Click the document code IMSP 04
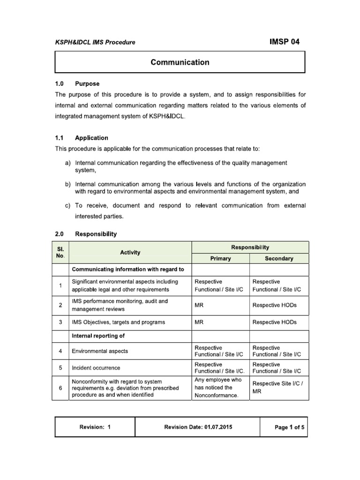point(284,42)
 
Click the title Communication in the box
point(180,62)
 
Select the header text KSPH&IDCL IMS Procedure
point(95,42)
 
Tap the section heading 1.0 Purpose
point(77,84)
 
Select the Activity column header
point(130,253)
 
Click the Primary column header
point(220,258)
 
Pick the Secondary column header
point(279,258)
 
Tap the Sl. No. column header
point(61,253)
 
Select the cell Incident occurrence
point(96,368)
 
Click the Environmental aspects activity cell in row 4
point(99,351)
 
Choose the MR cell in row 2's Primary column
point(199,305)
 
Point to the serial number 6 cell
point(61,388)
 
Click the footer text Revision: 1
point(95,427)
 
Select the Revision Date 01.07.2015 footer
point(198,427)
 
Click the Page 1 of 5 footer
point(283,427)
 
